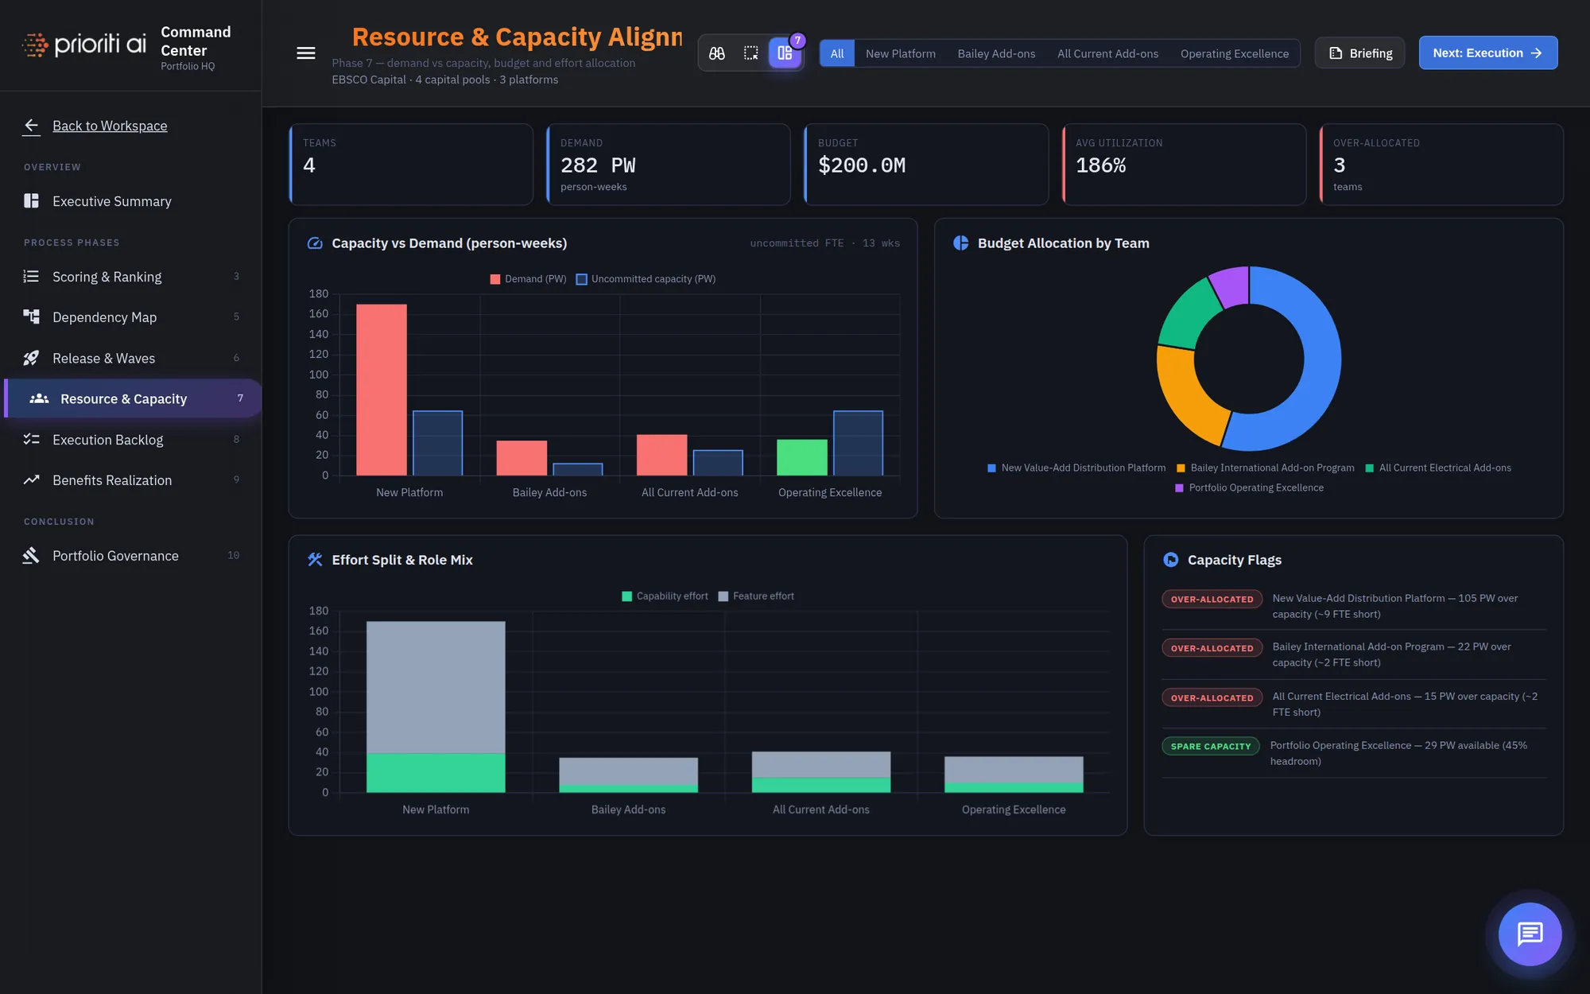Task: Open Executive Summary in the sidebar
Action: point(112,201)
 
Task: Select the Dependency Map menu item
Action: point(105,317)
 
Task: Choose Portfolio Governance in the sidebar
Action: point(116,556)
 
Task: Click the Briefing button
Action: point(1359,53)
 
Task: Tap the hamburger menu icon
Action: point(306,53)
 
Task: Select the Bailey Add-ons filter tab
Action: point(996,53)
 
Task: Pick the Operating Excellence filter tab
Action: point(1234,53)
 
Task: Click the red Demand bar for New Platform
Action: point(382,390)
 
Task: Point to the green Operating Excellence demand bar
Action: point(802,457)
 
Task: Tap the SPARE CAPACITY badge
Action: point(1210,746)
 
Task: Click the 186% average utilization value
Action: point(1100,165)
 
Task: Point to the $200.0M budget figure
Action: point(862,165)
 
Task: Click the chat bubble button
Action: point(1530,934)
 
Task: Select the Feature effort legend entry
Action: point(756,596)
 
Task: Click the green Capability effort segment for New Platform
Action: point(436,772)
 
